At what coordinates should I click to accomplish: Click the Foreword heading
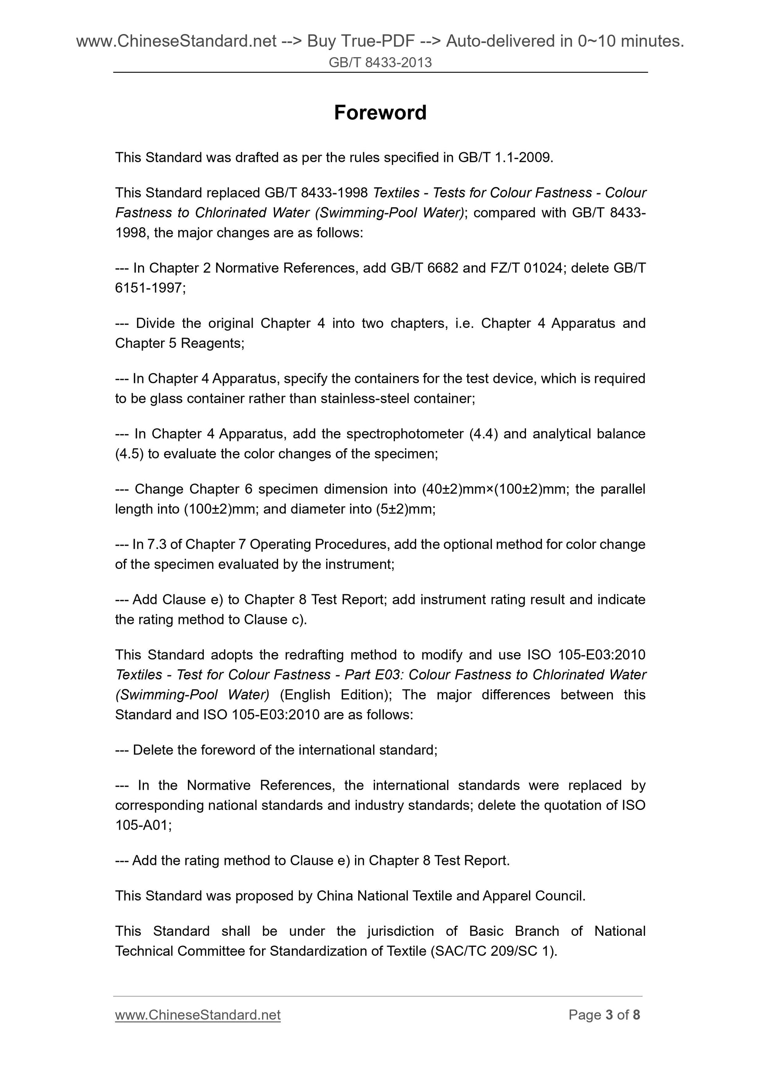(380, 113)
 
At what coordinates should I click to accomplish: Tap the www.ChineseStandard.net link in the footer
(198, 1015)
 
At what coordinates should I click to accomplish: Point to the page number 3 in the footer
(609, 1015)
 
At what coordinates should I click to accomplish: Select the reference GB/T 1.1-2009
(505, 157)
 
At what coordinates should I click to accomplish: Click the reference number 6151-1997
(149, 288)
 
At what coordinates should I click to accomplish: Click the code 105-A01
(143, 825)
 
